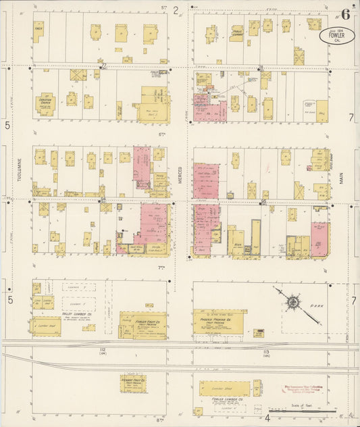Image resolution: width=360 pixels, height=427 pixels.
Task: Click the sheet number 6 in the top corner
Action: (x=345, y=13)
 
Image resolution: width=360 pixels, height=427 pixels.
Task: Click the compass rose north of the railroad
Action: (x=292, y=302)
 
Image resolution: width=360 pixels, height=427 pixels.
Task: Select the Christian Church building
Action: (x=45, y=104)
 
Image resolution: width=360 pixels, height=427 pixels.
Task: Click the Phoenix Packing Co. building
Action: (x=220, y=322)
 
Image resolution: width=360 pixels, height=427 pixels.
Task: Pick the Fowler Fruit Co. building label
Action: (x=143, y=324)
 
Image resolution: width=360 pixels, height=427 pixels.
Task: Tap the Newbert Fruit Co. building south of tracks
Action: (x=133, y=382)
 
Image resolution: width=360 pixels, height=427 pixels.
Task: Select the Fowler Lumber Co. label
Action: (x=223, y=401)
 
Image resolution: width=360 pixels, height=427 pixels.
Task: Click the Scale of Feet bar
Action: (x=302, y=409)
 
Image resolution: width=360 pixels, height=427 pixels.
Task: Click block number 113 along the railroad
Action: (x=266, y=351)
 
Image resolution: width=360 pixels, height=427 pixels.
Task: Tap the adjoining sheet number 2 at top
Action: (x=176, y=10)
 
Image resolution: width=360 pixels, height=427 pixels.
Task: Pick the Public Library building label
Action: (x=237, y=32)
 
